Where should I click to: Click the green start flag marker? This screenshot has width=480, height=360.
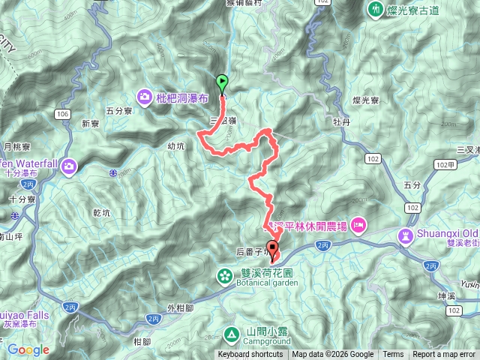pyautogui.click(x=222, y=83)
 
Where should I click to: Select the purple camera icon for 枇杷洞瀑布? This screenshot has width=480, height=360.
pyautogui.click(x=143, y=96)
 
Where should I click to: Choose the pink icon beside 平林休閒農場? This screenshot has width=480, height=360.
pyautogui.click(x=358, y=224)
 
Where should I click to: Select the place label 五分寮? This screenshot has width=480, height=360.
pyautogui.click(x=119, y=110)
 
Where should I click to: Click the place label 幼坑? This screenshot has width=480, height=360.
pyautogui.click(x=176, y=147)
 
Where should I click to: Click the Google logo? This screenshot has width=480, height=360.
pyautogui.click(x=28, y=349)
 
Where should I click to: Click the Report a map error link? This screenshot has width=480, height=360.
pyautogui.click(x=444, y=355)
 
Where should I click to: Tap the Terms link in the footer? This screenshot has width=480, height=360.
pyautogui.click(x=393, y=355)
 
